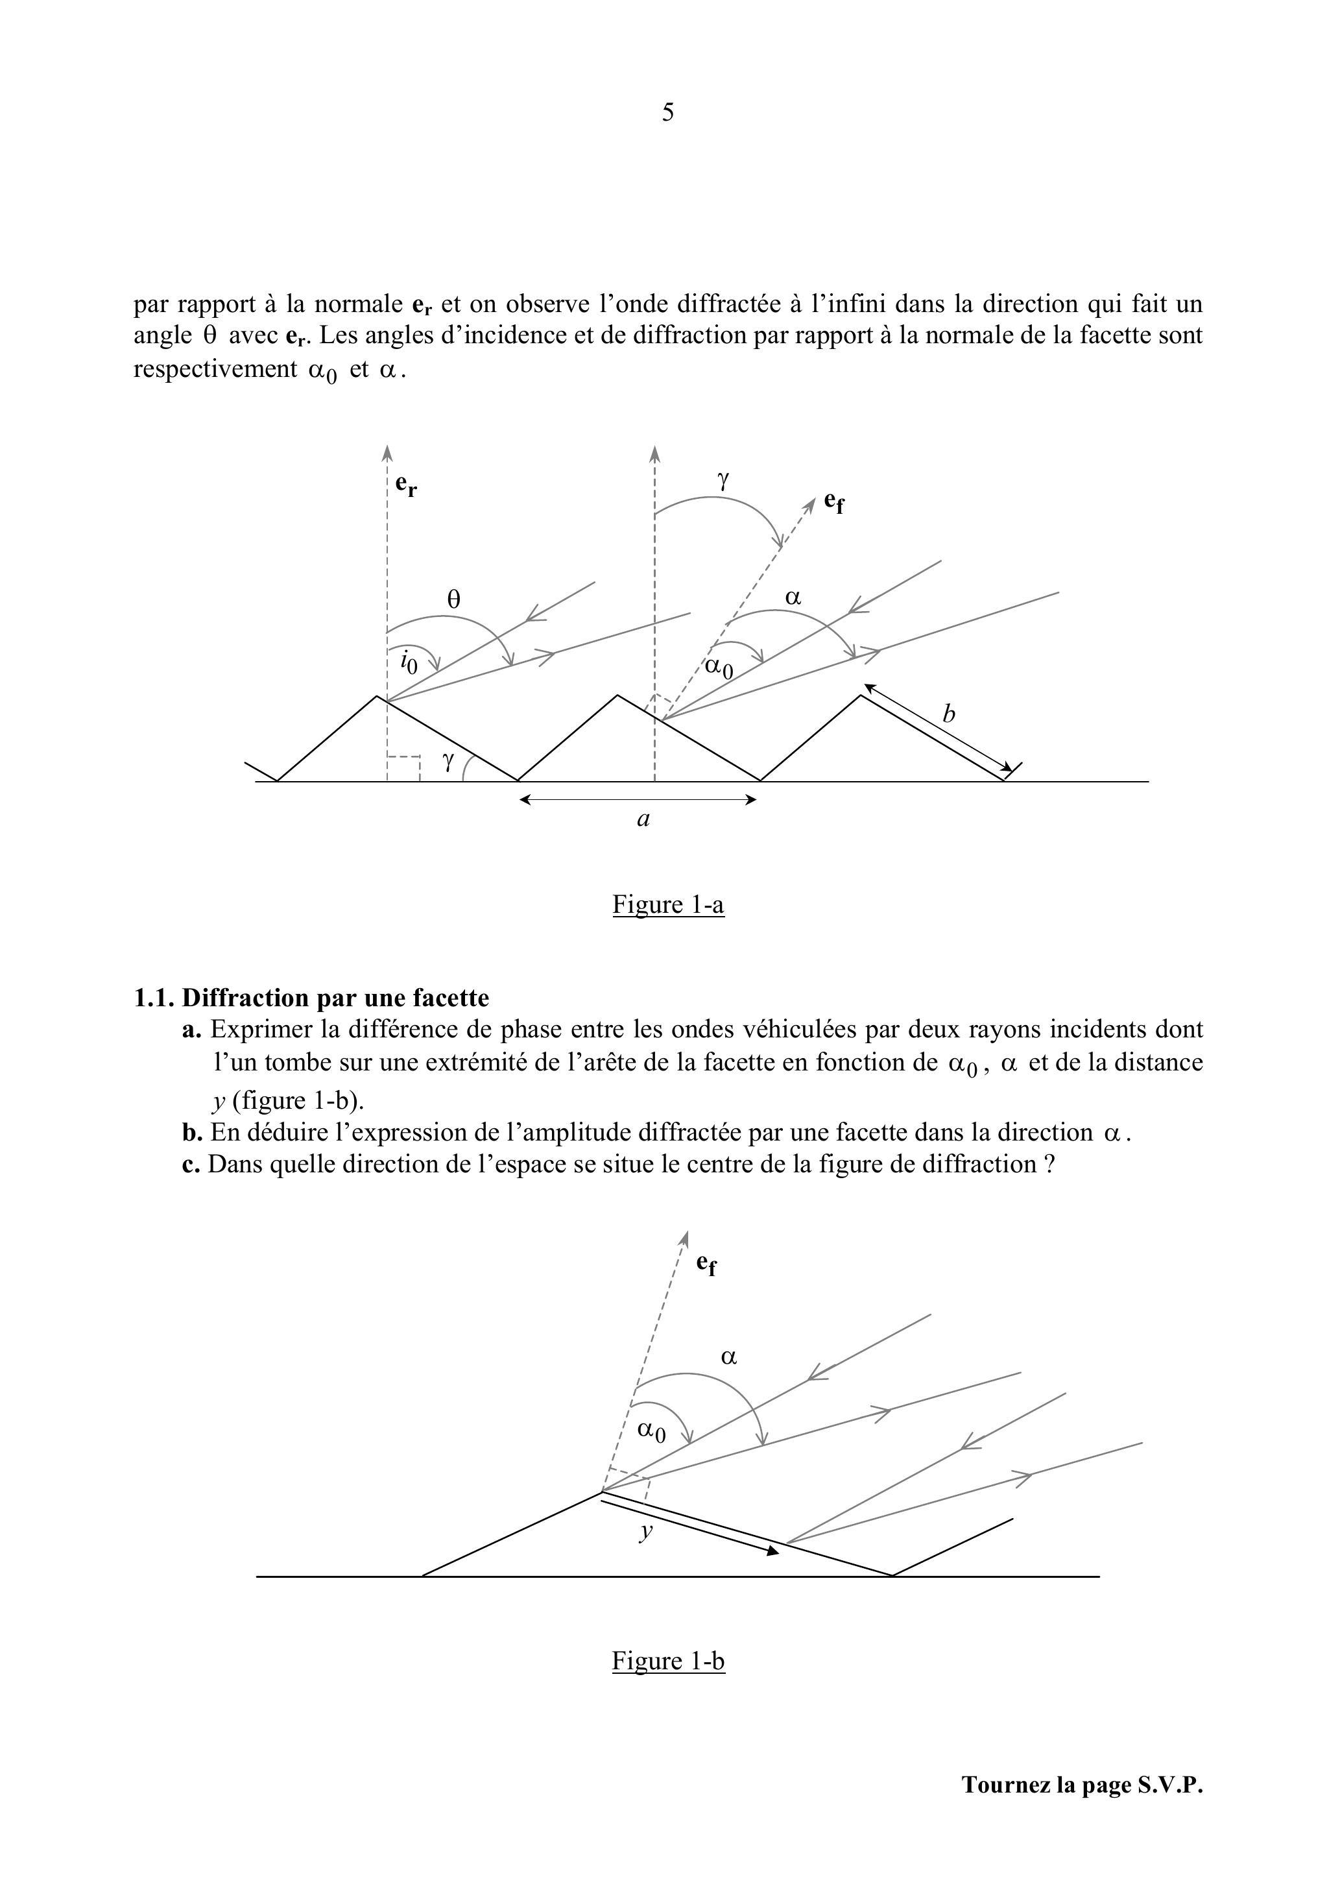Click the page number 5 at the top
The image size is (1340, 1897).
point(667,112)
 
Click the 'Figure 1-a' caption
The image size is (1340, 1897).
point(668,905)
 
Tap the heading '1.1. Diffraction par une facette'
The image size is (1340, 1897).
point(311,997)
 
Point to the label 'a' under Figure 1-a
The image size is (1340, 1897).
point(643,819)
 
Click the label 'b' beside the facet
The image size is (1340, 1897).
point(948,714)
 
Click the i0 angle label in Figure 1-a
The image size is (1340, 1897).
point(408,662)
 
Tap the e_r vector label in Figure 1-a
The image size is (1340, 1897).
point(405,485)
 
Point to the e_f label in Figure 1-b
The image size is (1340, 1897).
point(706,1263)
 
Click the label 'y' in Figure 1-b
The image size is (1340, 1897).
point(646,1530)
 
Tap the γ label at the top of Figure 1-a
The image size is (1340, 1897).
point(724,479)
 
